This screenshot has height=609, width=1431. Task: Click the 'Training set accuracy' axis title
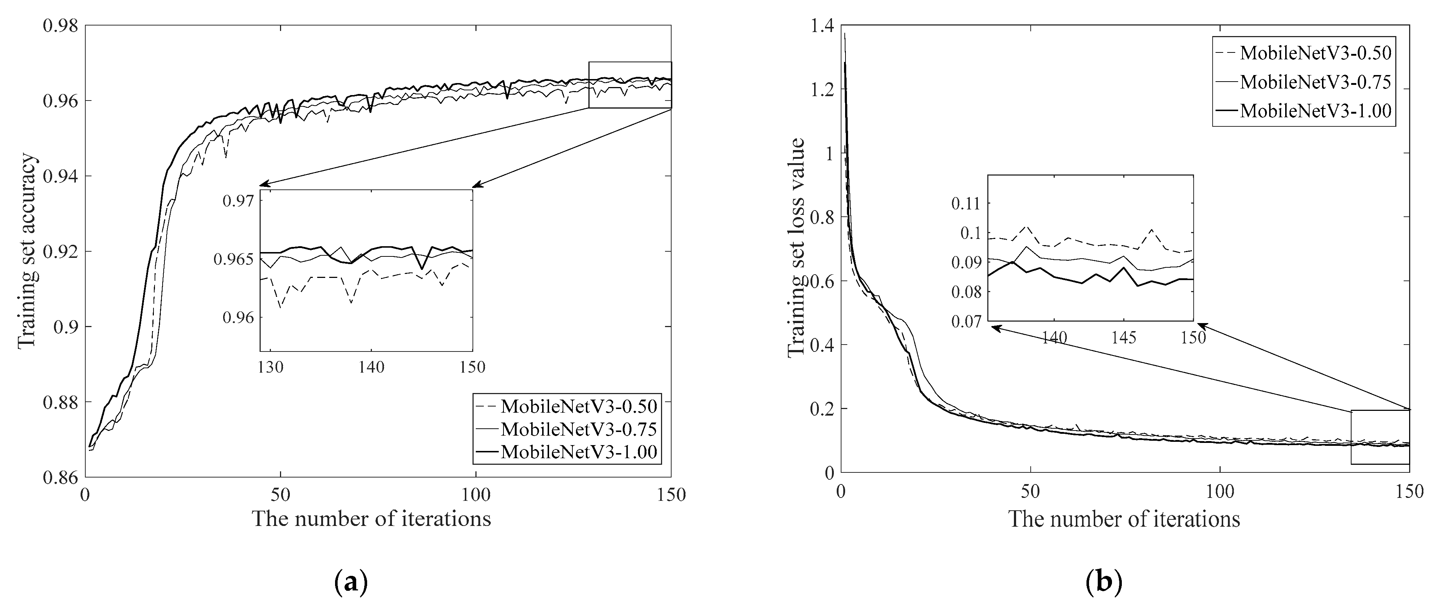pos(27,251)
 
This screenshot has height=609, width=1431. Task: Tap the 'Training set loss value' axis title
pos(797,247)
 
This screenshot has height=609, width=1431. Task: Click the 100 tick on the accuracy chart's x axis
pos(476,495)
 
